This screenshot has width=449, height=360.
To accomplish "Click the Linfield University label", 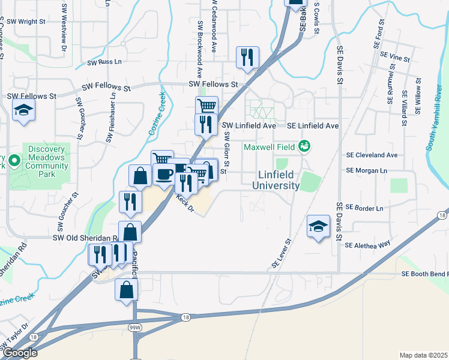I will pos(279,180).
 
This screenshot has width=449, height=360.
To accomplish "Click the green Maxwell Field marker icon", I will pos(304,146).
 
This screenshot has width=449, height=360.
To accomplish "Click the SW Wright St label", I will pos(25,22).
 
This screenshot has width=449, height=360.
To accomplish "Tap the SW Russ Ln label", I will pos(104,62).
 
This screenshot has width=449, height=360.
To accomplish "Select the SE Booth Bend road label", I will pos(424,274).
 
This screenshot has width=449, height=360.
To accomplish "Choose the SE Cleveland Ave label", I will pos(372,155).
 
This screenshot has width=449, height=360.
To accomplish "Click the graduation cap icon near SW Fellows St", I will pos(24,110).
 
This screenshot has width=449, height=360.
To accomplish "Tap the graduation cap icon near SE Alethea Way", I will pos(319,226).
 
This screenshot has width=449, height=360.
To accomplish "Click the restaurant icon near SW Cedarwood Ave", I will pos(247,58).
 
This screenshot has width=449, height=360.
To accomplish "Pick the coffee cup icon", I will pos(164,175).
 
